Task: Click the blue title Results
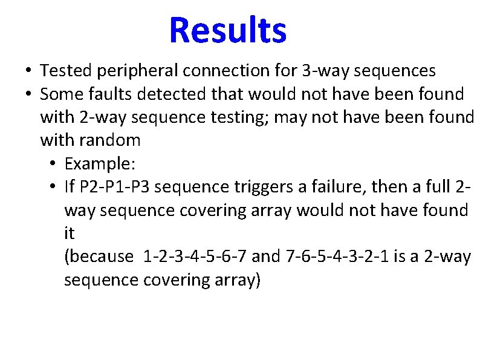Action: (228, 30)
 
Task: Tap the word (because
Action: (98, 257)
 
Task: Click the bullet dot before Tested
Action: (28, 71)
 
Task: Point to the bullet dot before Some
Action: (28, 94)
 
